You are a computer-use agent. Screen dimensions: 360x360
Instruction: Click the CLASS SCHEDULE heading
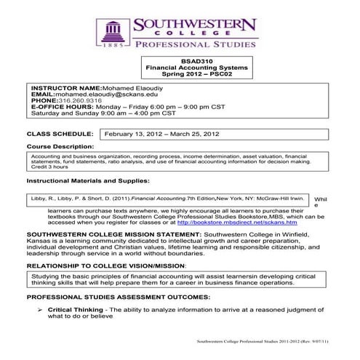60,135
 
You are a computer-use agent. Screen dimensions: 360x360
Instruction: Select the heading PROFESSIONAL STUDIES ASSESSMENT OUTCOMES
126,297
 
